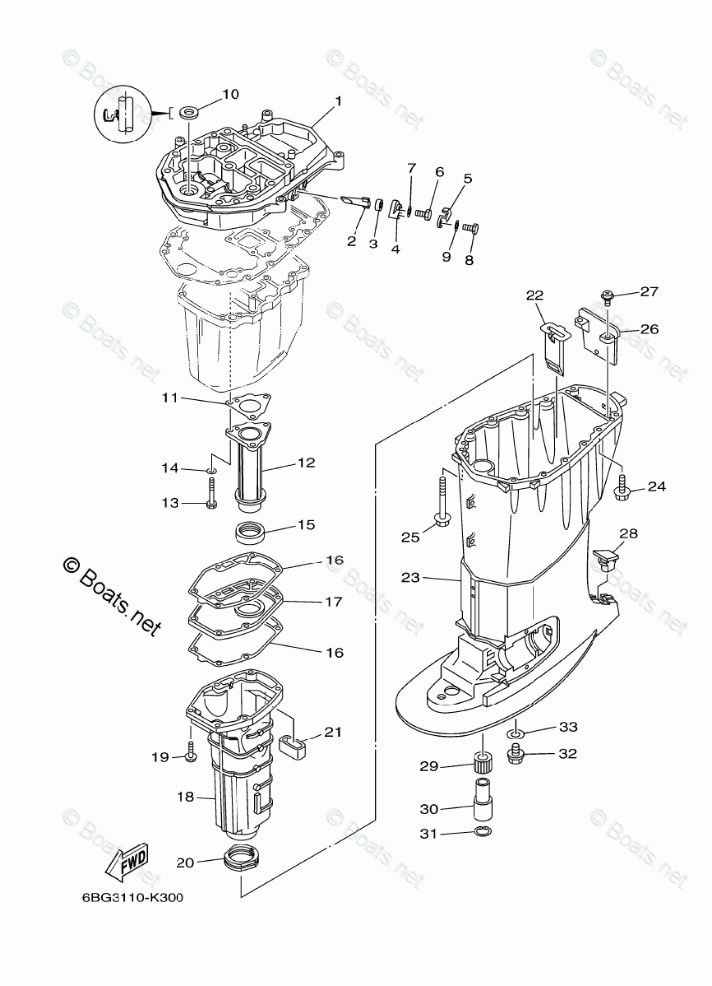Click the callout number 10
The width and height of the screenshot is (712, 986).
coord(230,95)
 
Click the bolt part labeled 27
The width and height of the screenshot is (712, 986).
coord(607,294)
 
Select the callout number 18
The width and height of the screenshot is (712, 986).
coord(184,797)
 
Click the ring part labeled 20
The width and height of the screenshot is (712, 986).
coord(242,857)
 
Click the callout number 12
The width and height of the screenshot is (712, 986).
coord(305,463)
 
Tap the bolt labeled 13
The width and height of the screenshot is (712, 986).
coord(212,492)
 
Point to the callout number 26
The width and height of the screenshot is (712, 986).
coord(649,329)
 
